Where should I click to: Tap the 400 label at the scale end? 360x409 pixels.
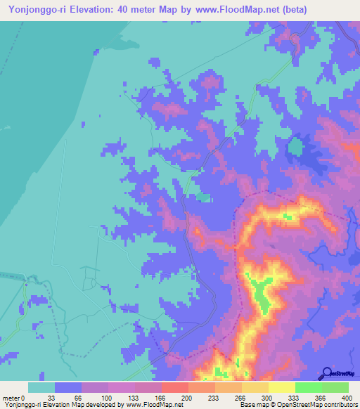coord(347,398)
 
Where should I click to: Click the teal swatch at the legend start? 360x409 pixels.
coord(41,387)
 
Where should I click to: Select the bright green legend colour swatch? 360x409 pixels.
coord(309,387)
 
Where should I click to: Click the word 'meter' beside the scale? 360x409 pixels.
coord(13,398)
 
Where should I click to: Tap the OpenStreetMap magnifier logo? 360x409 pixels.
coord(328,373)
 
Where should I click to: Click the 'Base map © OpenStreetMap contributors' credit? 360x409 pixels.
coord(297,405)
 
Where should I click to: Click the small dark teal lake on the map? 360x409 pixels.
coord(295,148)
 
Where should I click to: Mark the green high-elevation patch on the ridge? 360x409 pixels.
coord(262,295)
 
